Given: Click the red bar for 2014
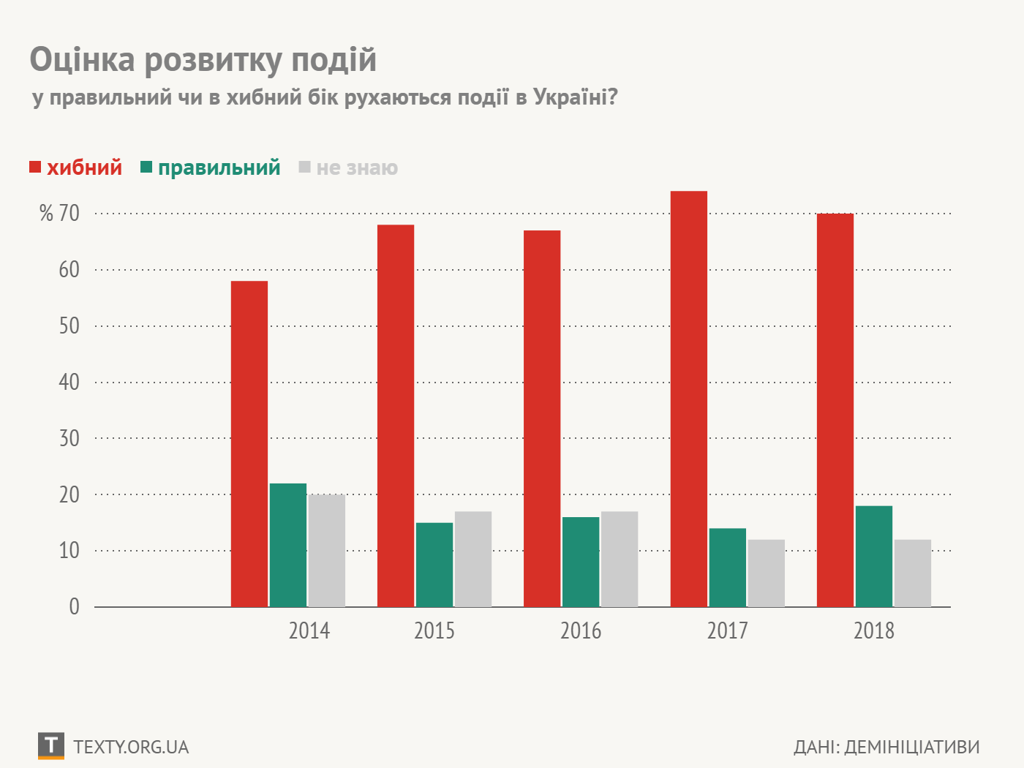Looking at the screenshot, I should pos(249,444).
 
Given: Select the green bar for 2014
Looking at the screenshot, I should pos(288,545).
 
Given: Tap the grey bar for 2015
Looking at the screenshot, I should pos(473,559).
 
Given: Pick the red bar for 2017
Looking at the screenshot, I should pos(689,399).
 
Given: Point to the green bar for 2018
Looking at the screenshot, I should pos(874,556).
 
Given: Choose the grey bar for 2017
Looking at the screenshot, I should pos(767,573).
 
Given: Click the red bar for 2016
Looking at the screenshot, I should pos(542,418).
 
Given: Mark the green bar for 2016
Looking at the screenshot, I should pos(581,562).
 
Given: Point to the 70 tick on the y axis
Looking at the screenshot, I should pos(69,214).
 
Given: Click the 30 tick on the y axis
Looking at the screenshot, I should pos(69,438).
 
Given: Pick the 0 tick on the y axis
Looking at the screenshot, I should pos(74,606).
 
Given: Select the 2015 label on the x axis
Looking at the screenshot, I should pos(434,630).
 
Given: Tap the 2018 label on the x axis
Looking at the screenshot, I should pos(874,630).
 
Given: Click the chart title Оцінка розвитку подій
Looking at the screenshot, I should pos(203,59).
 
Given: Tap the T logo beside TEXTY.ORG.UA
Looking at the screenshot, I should pos(50,745).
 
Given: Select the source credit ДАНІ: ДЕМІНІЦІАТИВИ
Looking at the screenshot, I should pos(886,747).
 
